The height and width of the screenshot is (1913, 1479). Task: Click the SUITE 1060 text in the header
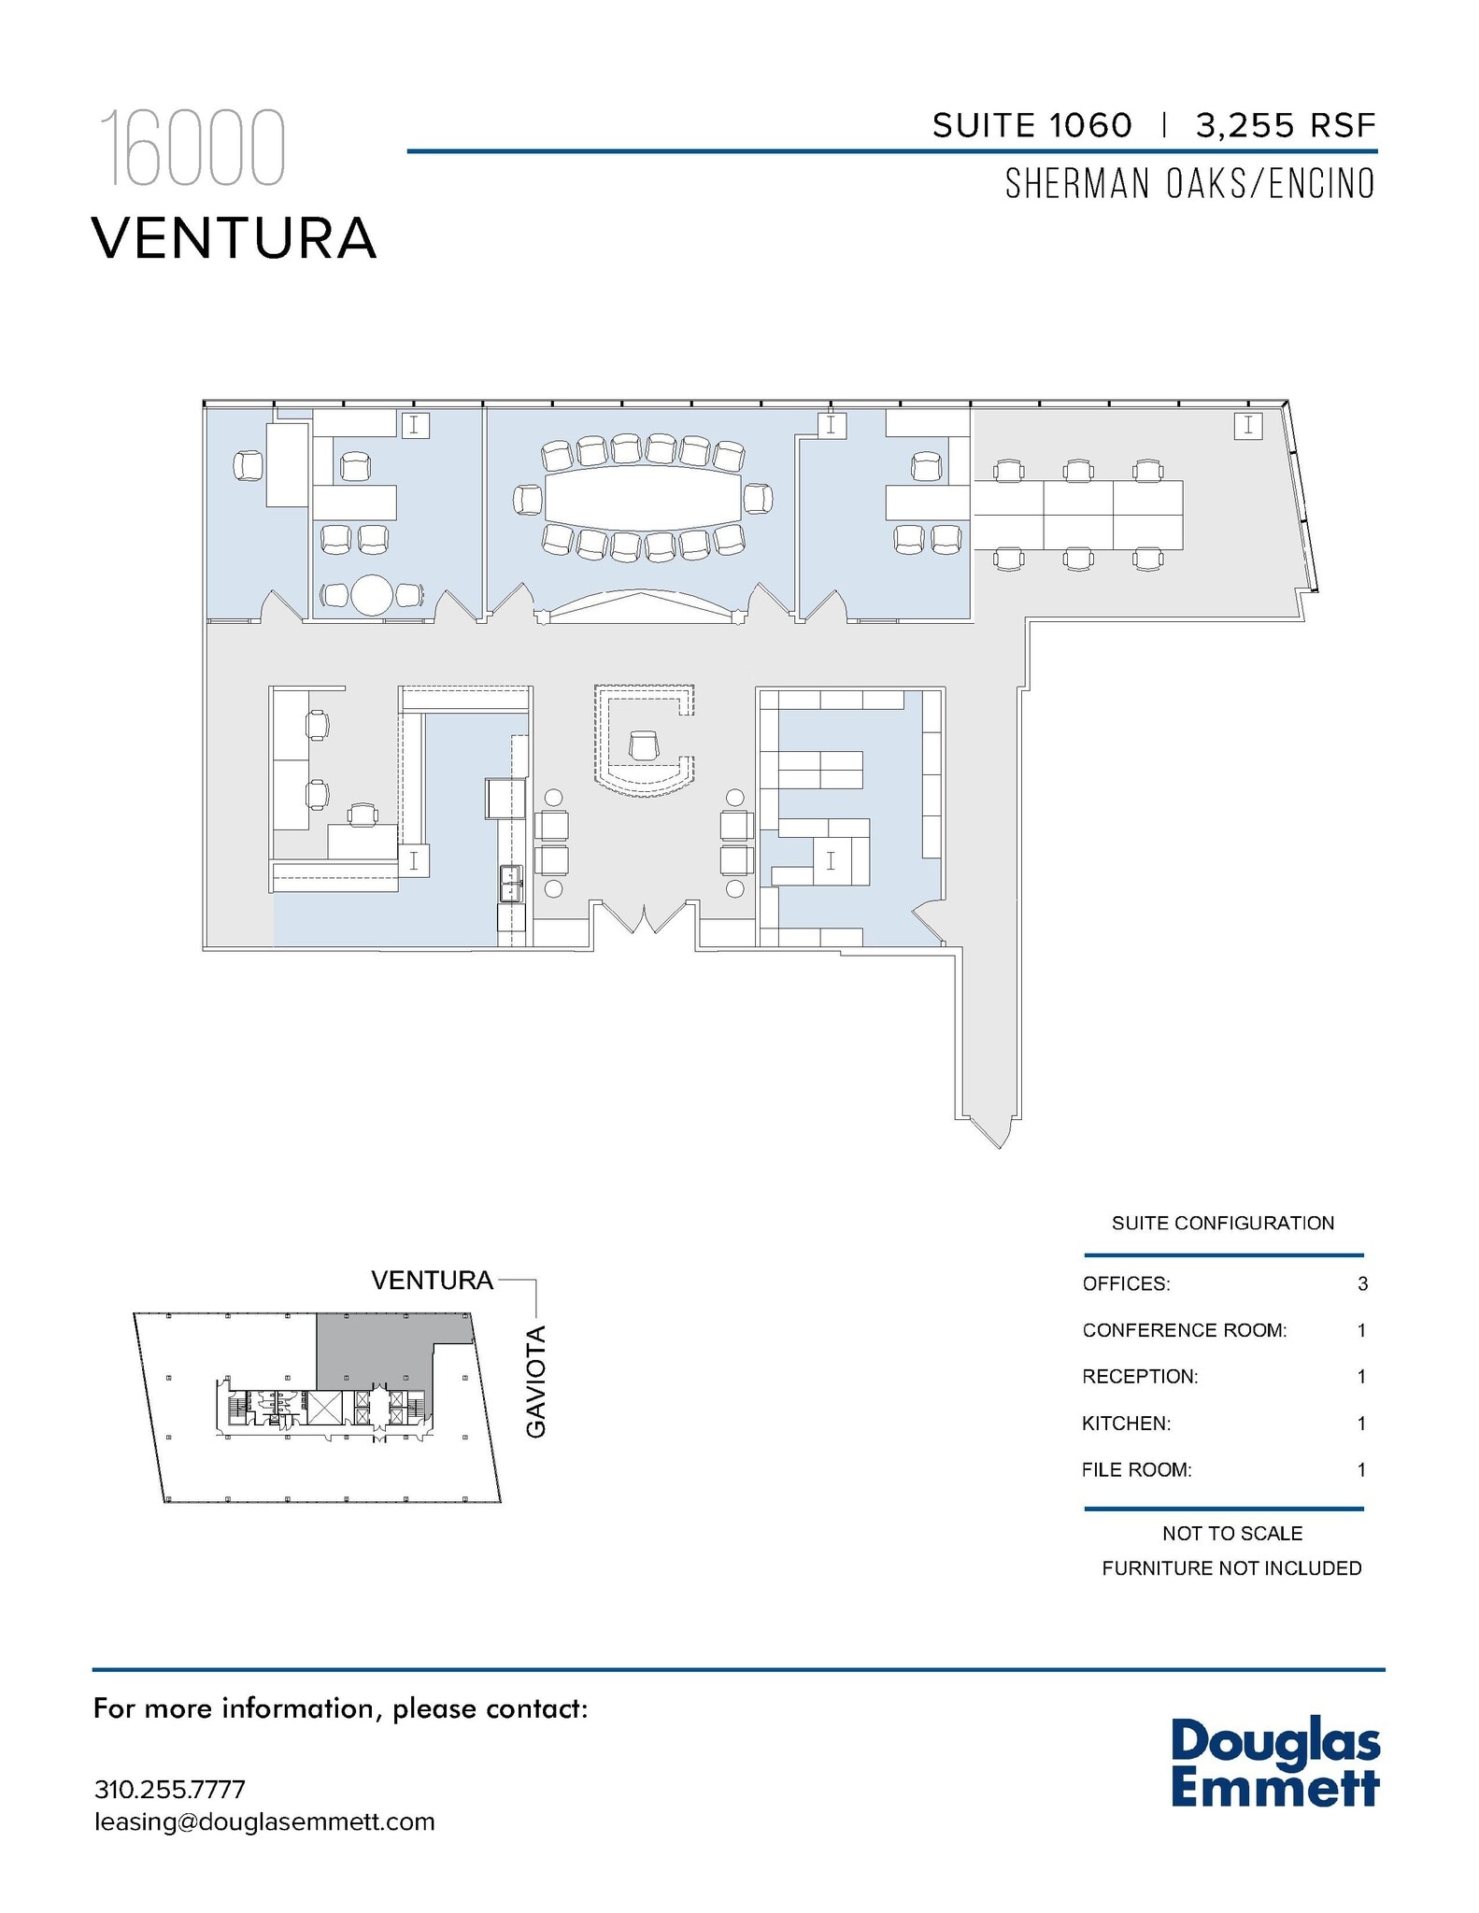[x=1031, y=125]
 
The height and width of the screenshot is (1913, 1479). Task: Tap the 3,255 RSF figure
[x=1286, y=125]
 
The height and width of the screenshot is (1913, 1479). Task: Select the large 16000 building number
[x=192, y=149]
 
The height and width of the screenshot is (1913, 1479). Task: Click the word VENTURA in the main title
[x=234, y=238]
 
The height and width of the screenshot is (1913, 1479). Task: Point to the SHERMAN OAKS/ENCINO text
[x=1189, y=184]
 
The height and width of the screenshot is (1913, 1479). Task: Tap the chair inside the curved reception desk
[x=644, y=745]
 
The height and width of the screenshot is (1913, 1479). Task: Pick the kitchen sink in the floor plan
[x=511, y=883]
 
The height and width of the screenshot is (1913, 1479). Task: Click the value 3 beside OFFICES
[x=1362, y=1283]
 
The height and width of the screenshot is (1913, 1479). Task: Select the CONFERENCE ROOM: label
[x=1184, y=1330]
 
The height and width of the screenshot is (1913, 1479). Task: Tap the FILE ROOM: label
[x=1136, y=1470]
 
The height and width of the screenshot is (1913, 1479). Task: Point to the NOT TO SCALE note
[x=1231, y=1533]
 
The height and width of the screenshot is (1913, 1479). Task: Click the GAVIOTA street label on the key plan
[x=535, y=1382]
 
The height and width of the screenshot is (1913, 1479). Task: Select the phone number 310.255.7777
[x=169, y=1790]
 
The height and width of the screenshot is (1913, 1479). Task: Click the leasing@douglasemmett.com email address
[x=264, y=1821]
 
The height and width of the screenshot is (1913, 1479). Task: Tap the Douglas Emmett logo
[x=1274, y=1764]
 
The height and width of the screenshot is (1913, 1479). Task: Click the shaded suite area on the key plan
[x=374, y=1350]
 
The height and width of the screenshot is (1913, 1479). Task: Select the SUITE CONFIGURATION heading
[x=1222, y=1223]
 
